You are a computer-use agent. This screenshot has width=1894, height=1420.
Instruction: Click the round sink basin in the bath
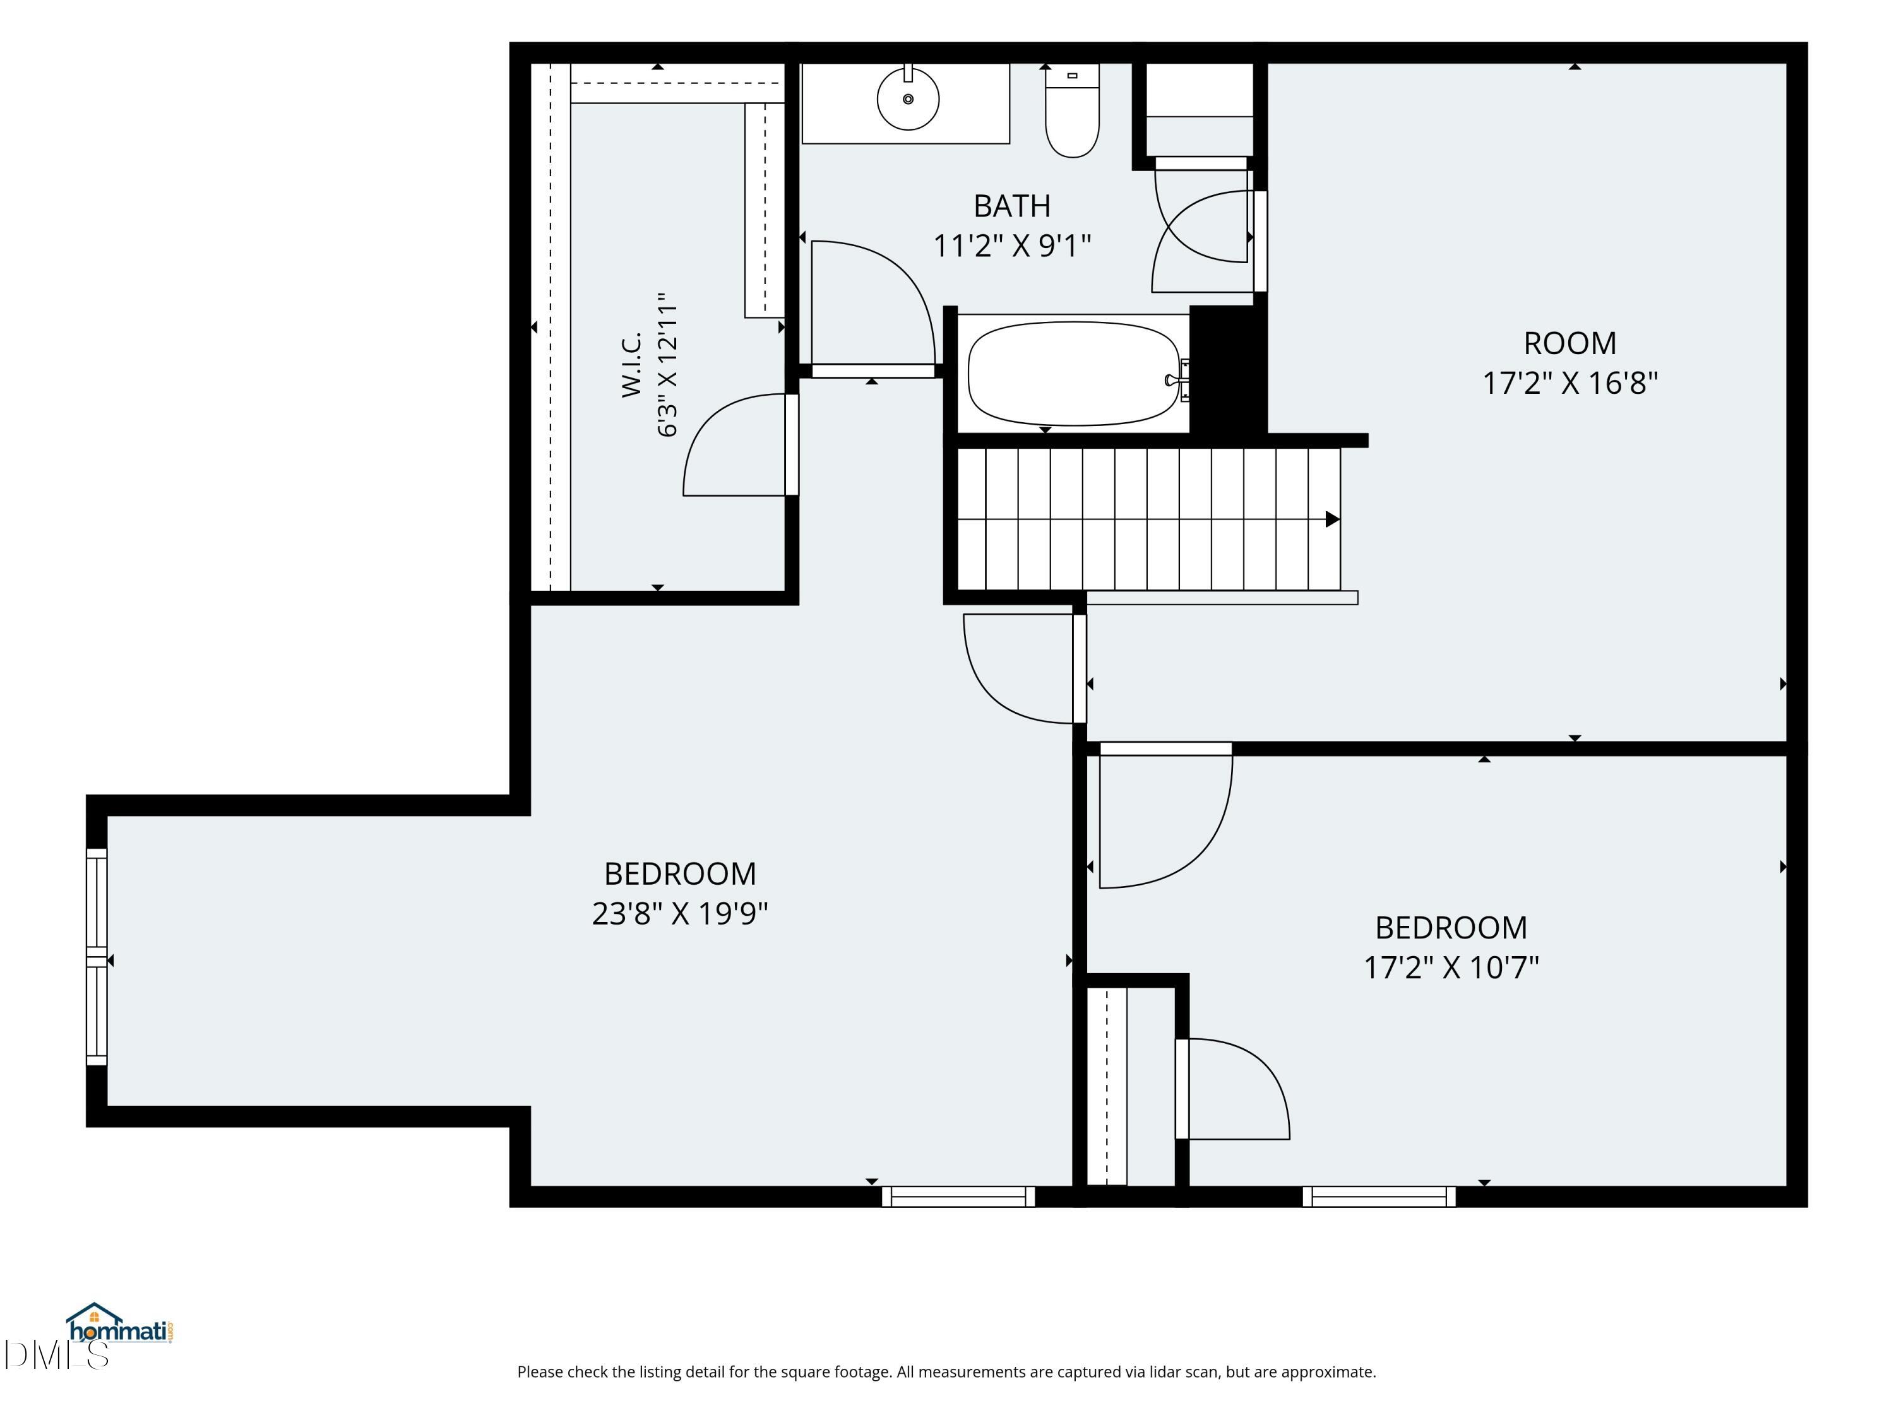pyautogui.click(x=908, y=99)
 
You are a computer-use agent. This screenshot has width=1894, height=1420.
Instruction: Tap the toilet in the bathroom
pyautogui.click(x=1072, y=110)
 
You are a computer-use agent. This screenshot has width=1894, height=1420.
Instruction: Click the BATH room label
pyautogui.click(x=1012, y=206)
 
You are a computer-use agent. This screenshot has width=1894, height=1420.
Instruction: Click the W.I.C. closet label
pyautogui.click(x=632, y=365)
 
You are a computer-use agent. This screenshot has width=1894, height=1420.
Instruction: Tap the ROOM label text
pyautogui.click(x=1570, y=343)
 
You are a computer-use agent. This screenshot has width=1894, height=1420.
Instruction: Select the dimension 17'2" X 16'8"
pyautogui.click(x=1570, y=382)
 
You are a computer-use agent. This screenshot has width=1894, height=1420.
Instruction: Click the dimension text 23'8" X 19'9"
pyautogui.click(x=680, y=914)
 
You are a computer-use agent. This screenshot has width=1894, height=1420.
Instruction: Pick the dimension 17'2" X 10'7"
pyautogui.click(x=1451, y=968)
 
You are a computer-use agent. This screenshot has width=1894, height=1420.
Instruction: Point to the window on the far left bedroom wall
pyautogui.click(x=97, y=957)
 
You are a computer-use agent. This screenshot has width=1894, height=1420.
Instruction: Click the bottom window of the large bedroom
pyautogui.click(x=958, y=1197)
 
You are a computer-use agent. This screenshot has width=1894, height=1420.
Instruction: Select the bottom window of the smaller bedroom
pyautogui.click(x=1379, y=1197)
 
